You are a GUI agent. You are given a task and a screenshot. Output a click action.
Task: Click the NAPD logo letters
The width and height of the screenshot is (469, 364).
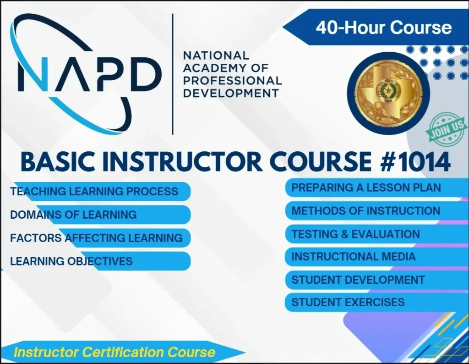pyautogui.click(x=89, y=74)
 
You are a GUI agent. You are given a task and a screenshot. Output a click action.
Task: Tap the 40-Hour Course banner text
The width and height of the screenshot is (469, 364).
pyautogui.click(x=383, y=28)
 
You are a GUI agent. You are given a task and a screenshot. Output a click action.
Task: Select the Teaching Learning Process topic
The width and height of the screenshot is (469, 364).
pyautogui.click(x=94, y=191)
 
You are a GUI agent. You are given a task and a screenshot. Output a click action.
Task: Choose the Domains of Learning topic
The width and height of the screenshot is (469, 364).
pyautogui.click(x=73, y=215)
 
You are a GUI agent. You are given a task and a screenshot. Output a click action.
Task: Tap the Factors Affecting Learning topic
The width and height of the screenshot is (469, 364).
pyautogui.click(x=96, y=238)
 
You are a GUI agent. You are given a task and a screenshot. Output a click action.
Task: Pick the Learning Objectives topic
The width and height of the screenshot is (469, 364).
pyautogui.click(x=71, y=261)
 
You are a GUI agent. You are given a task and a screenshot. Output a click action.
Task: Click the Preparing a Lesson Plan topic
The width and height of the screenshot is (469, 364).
pyautogui.click(x=366, y=188)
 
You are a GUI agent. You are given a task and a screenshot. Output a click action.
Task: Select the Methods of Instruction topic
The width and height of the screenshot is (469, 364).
pyautogui.click(x=365, y=211)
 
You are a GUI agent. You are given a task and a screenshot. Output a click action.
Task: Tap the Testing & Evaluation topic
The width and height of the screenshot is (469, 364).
pyautogui.click(x=355, y=234)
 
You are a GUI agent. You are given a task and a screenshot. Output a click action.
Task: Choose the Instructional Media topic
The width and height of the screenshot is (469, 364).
pyautogui.click(x=353, y=257)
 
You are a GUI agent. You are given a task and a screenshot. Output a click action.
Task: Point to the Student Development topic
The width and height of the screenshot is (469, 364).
pyautogui.click(x=358, y=280)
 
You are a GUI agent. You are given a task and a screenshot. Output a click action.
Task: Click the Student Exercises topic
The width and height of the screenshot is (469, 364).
pyautogui.click(x=348, y=303)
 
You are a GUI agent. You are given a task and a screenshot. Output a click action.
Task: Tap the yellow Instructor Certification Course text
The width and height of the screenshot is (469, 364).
pyautogui.click(x=114, y=352)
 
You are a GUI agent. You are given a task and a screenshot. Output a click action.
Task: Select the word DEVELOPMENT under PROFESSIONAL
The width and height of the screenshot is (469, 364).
pyautogui.click(x=231, y=93)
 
